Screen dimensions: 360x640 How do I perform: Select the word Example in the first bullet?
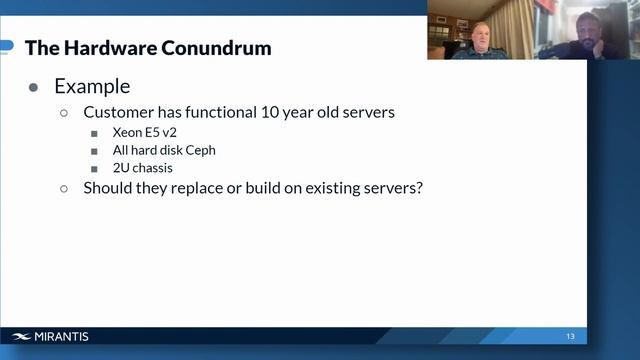92,87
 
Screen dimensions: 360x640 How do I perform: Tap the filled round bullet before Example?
34,88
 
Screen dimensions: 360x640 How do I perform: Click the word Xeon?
129,133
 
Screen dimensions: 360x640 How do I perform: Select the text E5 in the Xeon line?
158,133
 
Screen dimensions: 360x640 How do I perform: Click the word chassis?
152,167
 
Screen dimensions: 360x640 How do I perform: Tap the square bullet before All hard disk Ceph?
94,151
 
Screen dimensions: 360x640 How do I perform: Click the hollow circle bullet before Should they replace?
65,188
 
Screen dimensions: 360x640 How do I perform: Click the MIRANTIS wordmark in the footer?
62,337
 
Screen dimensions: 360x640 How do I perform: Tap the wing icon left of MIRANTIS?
22,337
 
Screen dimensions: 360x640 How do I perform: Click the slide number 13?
570,336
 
